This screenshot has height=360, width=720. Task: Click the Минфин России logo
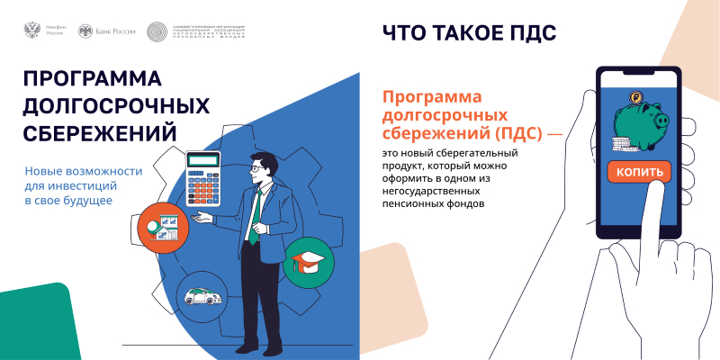point(40,31)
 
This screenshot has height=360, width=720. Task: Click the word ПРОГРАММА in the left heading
point(93,80)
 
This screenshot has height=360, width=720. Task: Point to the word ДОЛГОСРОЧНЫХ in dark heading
point(116,106)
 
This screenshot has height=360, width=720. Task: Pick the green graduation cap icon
point(309,263)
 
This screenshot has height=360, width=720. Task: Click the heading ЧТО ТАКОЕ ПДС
point(469,33)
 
